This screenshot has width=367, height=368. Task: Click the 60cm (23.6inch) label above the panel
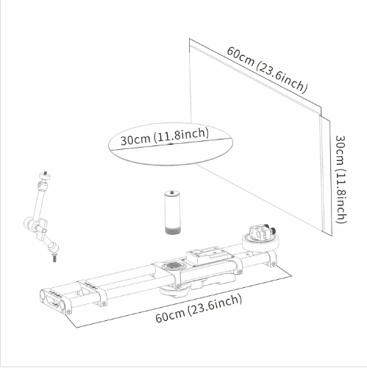[267, 70]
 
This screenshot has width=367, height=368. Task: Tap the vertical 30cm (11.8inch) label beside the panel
[341, 179]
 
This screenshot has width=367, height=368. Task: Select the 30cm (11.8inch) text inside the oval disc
[165, 136]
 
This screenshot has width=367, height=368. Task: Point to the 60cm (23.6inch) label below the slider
[199, 309]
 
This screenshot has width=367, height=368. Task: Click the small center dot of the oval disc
[171, 144]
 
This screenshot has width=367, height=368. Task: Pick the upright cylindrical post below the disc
[172, 212]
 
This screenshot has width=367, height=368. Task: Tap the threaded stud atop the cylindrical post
[172, 191]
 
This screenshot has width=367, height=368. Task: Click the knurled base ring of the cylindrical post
[172, 231]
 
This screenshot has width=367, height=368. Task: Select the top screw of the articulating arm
[46, 173]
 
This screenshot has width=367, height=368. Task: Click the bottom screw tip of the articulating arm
[54, 259]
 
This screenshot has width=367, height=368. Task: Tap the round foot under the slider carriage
[174, 290]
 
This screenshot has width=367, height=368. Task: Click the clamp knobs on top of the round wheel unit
[262, 231]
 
